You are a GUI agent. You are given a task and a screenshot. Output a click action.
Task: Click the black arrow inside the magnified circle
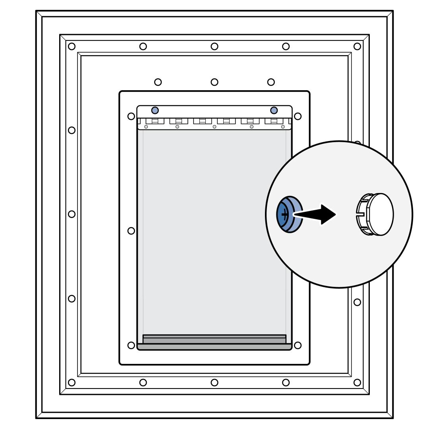318,214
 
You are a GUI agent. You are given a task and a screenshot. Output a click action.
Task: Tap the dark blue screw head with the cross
283,214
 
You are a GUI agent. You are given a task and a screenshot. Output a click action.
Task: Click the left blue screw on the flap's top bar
155,110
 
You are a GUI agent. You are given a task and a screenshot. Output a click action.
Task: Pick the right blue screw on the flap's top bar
274,110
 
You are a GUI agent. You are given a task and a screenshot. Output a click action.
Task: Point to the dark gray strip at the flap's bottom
214,347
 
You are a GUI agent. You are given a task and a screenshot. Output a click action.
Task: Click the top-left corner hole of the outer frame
71,46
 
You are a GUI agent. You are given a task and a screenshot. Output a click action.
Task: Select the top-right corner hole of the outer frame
357,46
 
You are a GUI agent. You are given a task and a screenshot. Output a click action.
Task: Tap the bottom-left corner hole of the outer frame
71,383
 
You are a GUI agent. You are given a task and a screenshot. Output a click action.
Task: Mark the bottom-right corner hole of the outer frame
357,383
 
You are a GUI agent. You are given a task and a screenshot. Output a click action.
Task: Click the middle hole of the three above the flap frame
214,82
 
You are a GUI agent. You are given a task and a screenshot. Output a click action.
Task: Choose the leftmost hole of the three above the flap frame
158,82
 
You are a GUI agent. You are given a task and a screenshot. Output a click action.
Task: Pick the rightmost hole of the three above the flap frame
271,82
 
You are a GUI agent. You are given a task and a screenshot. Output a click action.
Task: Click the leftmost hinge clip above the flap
155,121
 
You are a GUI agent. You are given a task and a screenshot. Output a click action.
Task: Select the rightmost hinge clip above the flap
274,121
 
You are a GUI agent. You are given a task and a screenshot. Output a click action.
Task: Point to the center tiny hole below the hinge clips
214,127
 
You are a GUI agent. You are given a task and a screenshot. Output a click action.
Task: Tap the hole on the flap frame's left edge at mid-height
131,230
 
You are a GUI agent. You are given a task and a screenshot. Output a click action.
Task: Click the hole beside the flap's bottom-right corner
298,345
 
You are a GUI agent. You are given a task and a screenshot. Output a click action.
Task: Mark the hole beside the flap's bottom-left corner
131,345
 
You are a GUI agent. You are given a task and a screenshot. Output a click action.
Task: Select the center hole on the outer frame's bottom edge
214,383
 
